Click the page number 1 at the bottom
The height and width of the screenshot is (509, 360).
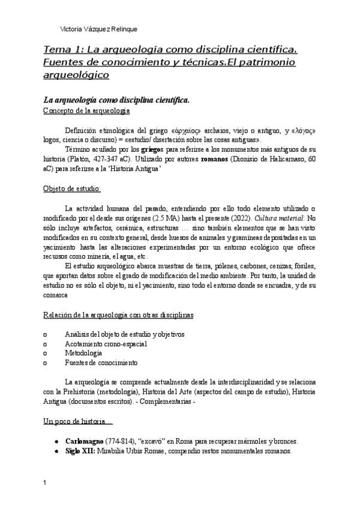click(46, 483)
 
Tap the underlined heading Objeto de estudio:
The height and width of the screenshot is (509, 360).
click(73, 188)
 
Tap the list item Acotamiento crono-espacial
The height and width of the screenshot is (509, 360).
click(106, 343)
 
